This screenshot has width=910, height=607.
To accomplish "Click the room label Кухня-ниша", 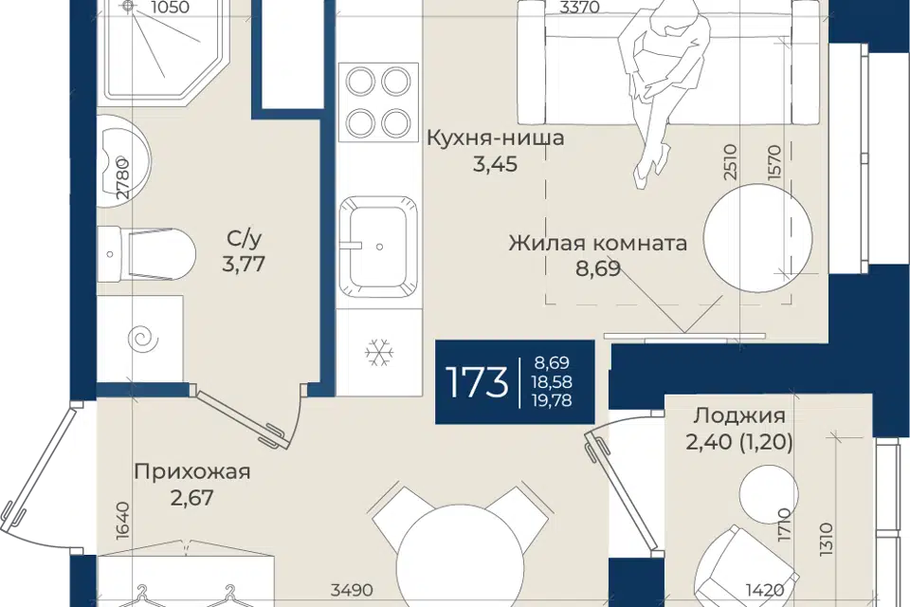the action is point(495,138).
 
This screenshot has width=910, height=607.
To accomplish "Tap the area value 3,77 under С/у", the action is point(244,264).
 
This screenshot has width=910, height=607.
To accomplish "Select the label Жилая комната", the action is point(598,242).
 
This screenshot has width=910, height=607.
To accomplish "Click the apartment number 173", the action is point(477,383).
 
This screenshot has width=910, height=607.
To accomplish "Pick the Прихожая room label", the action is point(192,471).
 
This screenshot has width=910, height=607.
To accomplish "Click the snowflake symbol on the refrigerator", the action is point(379,353).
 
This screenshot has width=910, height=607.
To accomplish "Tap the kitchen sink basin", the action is point(378,244).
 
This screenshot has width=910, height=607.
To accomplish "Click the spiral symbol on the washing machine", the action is point(142,339).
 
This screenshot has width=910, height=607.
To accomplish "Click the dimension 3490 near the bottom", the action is point(352,590).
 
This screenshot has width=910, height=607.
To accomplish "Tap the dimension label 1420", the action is point(765,590).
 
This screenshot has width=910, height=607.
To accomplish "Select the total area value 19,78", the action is point(553,400).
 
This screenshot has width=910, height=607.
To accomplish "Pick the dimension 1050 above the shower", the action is point(170,7).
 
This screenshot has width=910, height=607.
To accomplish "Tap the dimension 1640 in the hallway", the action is point(122,521).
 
